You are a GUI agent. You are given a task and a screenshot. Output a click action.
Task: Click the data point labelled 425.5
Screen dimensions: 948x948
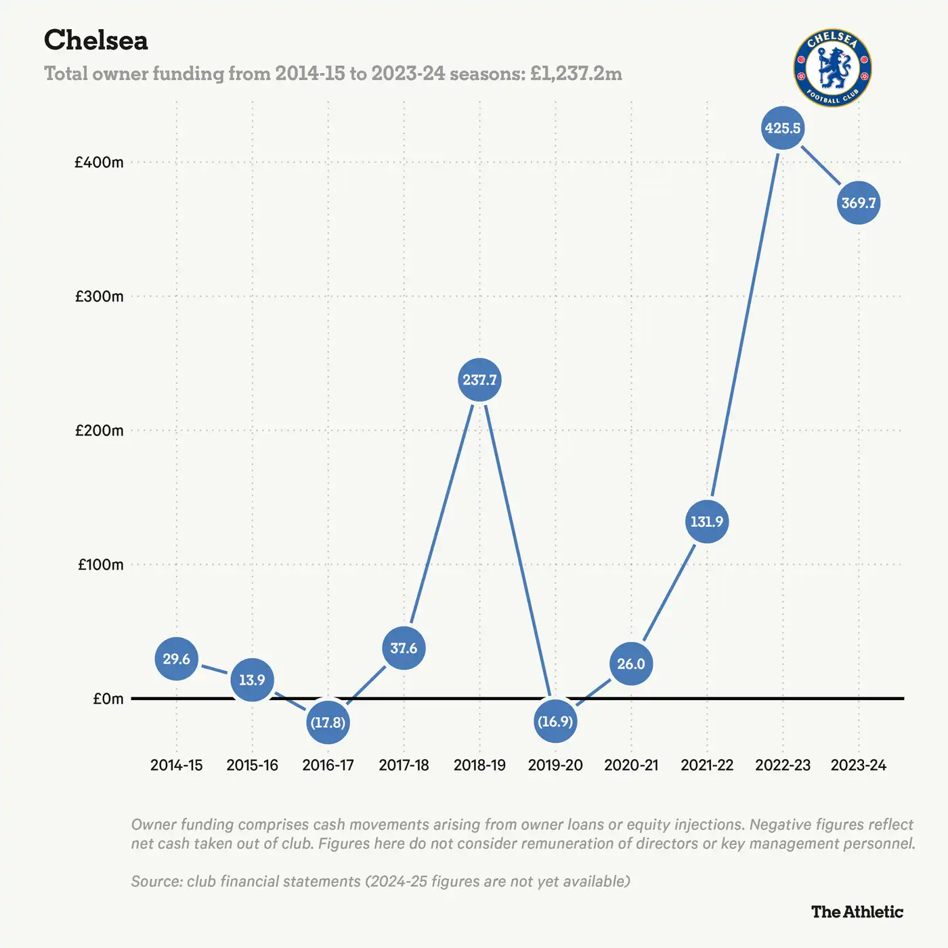click(x=783, y=128)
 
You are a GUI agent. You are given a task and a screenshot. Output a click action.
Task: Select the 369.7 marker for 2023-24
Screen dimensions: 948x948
click(x=859, y=203)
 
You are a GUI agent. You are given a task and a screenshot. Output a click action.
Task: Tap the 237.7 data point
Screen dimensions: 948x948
click(x=479, y=380)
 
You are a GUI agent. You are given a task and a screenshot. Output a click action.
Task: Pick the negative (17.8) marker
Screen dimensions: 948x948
click(x=328, y=723)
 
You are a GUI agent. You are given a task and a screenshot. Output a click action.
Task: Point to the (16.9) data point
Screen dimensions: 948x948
click(x=555, y=721)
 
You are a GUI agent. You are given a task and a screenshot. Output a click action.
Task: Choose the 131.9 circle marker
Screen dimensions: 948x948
click(x=707, y=521)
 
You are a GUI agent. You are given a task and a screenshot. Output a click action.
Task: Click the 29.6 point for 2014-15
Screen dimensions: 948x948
click(x=176, y=659)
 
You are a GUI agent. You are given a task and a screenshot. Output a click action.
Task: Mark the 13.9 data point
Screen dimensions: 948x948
click(x=252, y=680)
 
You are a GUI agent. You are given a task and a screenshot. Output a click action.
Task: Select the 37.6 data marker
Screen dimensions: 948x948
click(x=404, y=648)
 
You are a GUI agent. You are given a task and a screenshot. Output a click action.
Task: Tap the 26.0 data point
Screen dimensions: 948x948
click(x=631, y=664)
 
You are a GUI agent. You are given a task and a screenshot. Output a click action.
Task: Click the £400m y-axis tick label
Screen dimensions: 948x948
click(x=99, y=163)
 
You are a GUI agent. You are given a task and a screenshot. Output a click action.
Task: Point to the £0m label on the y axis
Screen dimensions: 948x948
click(x=108, y=699)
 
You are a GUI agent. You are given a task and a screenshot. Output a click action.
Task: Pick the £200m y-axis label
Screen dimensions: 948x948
click(x=99, y=431)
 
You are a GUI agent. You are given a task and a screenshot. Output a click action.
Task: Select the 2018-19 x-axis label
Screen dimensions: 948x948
click(x=479, y=765)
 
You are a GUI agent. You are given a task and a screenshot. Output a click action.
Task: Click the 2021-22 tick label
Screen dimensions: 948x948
click(x=707, y=765)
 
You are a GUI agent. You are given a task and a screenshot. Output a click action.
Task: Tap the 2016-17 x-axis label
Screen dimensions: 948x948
click(x=328, y=765)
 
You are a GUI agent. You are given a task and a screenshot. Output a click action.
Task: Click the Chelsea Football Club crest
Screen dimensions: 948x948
click(x=832, y=68)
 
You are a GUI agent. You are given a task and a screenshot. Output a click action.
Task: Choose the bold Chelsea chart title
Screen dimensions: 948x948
click(x=95, y=41)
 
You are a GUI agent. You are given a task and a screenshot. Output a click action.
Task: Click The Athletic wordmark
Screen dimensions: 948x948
click(x=857, y=912)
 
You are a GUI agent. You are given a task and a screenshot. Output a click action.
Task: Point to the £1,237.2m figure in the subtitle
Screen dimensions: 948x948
click(x=576, y=73)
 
